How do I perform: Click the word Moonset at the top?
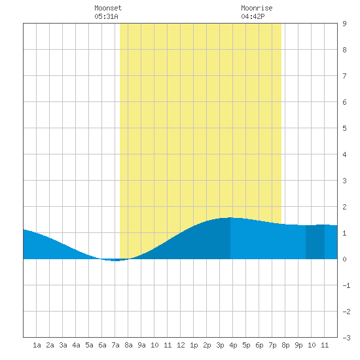(x=108, y=8)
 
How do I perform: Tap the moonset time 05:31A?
(x=106, y=16)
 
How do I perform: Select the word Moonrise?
(x=257, y=8)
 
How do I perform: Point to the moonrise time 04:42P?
(x=253, y=16)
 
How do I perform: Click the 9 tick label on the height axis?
(x=344, y=24)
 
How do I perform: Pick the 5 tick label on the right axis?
(x=344, y=128)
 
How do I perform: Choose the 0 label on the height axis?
(x=344, y=259)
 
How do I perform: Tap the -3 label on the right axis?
(x=346, y=338)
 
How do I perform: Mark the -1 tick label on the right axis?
(x=346, y=285)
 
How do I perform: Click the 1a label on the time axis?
(x=37, y=345)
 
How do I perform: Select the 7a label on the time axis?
(x=115, y=345)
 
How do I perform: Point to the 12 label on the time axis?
(x=181, y=345)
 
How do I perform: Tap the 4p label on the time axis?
(x=233, y=345)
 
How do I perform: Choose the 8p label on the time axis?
(x=285, y=345)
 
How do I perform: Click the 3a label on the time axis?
(x=63, y=345)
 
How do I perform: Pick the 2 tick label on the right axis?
(x=344, y=207)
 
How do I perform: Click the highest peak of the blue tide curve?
(x=230, y=217)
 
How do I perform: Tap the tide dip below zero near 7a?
(x=115, y=261)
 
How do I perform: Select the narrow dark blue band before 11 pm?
(x=315, y=242)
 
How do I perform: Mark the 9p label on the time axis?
(x=298, y=345)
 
